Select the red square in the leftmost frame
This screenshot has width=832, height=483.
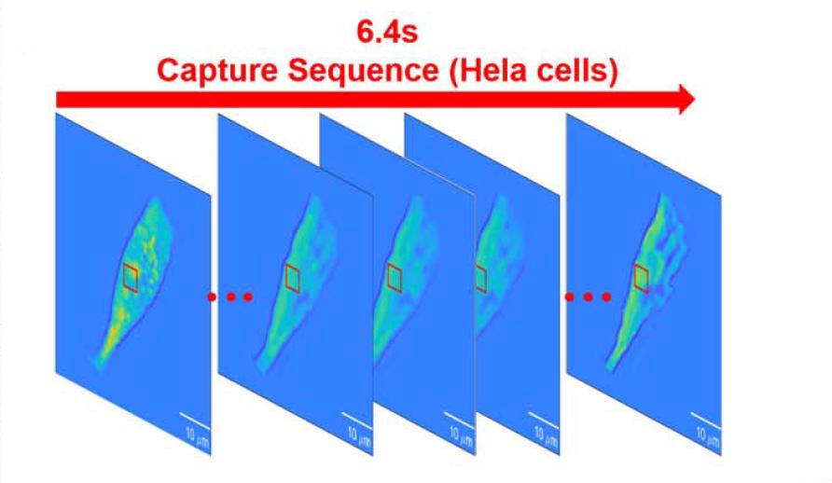[x=131, y=277]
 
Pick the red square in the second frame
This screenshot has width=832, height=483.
[x=293, y=278]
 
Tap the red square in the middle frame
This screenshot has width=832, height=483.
[x=394, y=278]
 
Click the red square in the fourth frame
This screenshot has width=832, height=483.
[x=481, y=278]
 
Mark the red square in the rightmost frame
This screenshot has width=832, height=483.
[x=641, y=277]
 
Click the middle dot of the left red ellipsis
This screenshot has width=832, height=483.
[x=230, y=297]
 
